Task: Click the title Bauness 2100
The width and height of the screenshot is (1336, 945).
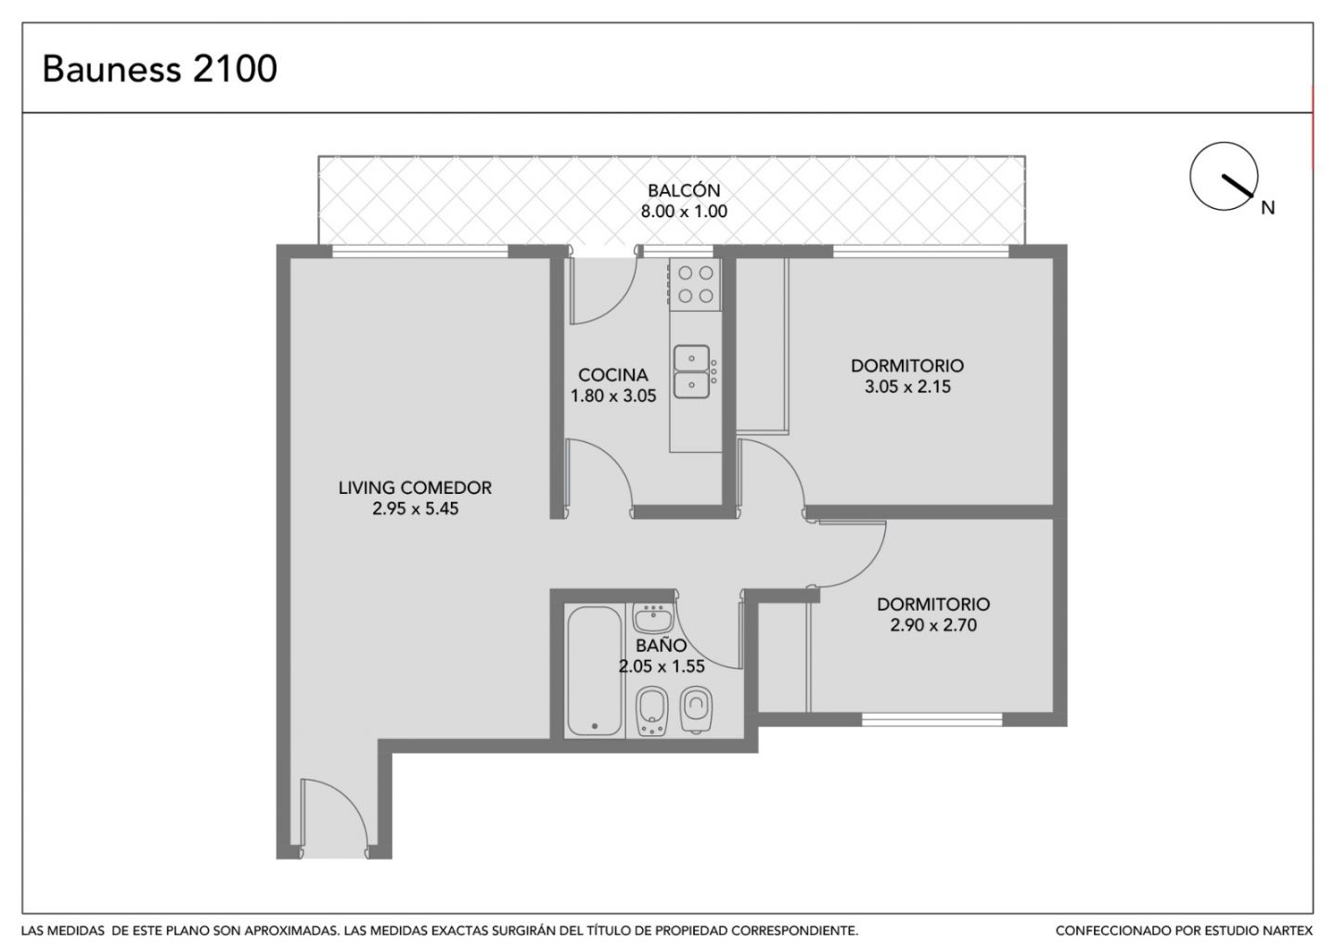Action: tap(160, 69)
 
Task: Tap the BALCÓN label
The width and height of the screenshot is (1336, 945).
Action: tap(684, 190)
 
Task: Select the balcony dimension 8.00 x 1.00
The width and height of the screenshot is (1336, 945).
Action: tap(684, 212)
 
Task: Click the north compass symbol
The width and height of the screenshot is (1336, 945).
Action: tap(1224, 176)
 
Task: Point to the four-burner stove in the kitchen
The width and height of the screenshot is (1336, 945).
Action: tap(696, 284)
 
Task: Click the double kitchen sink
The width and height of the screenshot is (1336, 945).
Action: tap(692, 371)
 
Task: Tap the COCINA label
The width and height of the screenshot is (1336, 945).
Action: tap(613, 375)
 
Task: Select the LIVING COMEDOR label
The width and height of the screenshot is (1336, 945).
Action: tap(415, 488)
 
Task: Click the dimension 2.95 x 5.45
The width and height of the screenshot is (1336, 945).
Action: tap(415, 509)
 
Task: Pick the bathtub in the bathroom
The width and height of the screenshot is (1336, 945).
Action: tap(594, 670)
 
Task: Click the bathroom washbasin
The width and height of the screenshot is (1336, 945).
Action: tap(653, 618)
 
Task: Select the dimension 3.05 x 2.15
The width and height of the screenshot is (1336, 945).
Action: tap(907, 386)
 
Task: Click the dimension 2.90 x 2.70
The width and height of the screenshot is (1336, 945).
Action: tap(933, 626)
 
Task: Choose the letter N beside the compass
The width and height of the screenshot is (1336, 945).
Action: tap(1268, 208)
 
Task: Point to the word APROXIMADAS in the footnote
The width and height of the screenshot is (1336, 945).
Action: tap(290, 931)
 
